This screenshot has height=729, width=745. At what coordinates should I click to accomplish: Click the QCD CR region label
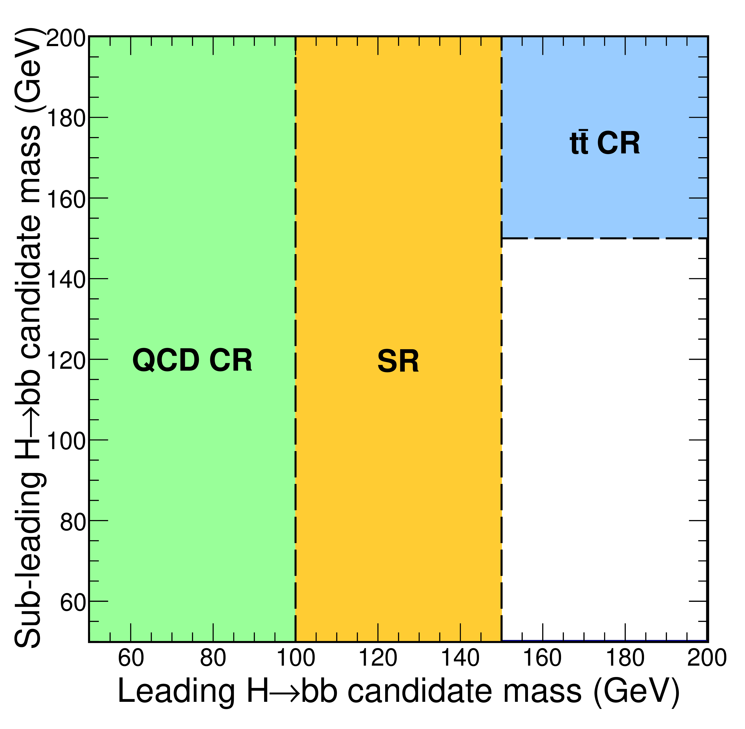(x=192, y=360)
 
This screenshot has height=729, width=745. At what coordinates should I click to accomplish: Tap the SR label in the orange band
(x=398, y=361)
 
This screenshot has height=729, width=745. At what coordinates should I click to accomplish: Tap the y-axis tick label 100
(x=66, y=441)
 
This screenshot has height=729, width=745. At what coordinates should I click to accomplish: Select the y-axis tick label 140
(x=66, y=279)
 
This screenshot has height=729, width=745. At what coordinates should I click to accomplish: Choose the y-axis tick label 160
(x=66, y=199)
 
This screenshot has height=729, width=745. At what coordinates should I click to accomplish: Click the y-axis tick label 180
(x=66, y=118)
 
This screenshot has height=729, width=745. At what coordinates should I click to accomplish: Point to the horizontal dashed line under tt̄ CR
(x=604, y=238)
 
